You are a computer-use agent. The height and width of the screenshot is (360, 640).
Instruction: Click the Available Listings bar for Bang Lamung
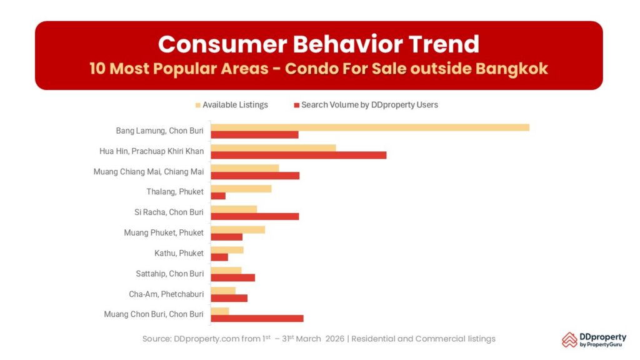pyautogui.click(x=370, y=127)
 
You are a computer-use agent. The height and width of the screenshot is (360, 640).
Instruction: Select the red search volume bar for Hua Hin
pyautogui.click(x=299, y=155)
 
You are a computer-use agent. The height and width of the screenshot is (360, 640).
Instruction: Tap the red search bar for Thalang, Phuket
pyautogui.click(x=218, y=196)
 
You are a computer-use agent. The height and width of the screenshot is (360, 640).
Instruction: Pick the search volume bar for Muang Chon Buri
pyautogui.click(x=257, y=318)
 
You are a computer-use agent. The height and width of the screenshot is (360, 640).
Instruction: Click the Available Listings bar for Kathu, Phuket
pyautogui.click(x=227, y=250)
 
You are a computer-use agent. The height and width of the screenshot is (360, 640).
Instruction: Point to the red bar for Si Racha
pyautogui.click(x=255, y=216)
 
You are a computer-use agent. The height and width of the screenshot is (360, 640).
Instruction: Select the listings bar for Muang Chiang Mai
pyautogui.click(x=245, y=168)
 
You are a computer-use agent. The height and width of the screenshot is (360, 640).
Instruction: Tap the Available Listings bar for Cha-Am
pyautogui.click(x=223, y=291)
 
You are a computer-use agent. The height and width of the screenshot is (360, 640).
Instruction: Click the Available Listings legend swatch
pyautogui.click(x=199, y=105)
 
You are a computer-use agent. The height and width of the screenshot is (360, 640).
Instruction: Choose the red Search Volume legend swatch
pyautogui.click(x=297, y=105)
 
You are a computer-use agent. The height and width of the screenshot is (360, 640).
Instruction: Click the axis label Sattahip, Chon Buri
pyautogui.click(x=170, y=274)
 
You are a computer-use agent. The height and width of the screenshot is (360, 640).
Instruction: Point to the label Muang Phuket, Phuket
pyautogui.click(x=164, y=232)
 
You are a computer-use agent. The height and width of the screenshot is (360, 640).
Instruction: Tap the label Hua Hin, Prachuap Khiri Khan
pyautogui.click(x=151, y=151)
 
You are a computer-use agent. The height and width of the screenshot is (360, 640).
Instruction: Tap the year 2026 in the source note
pyautogui.click(x=334, y=339)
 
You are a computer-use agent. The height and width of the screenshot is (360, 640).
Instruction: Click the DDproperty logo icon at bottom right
pyautogui.click(x=569, y=339)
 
